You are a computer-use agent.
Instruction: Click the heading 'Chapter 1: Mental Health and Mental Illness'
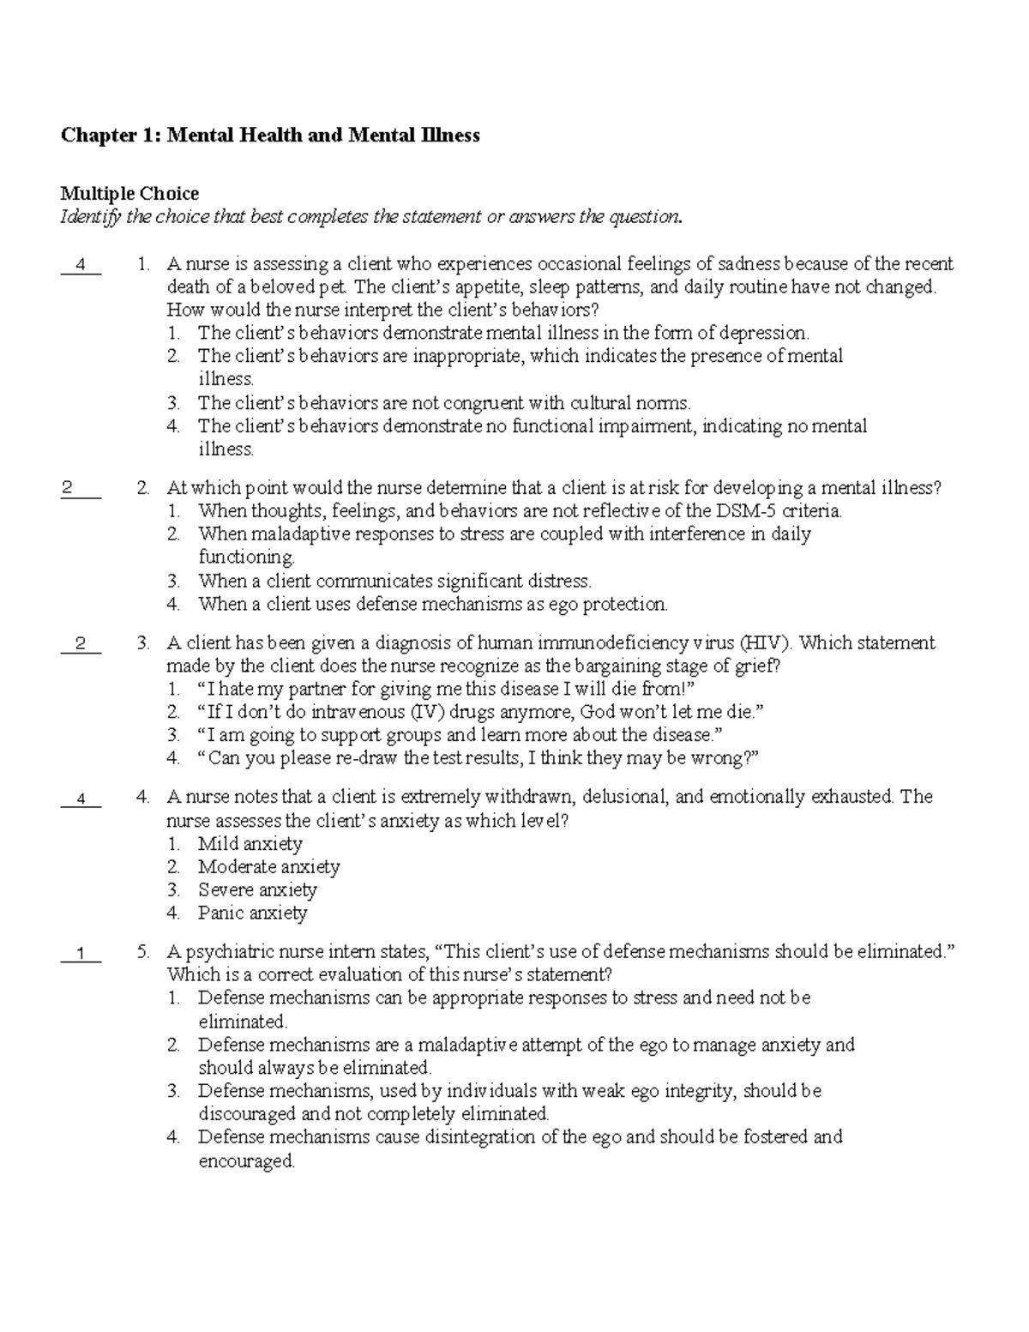click(x=269, y=136)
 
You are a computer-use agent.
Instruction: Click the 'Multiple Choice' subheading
click(x=129, y=194)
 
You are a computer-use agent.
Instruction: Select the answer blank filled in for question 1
click(x=81, y=265)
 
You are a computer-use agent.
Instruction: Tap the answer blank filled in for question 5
click(x=81, y=953)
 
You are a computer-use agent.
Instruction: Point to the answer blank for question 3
click(x=81, y=644)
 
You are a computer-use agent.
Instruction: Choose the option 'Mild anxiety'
click(x=250, y=844)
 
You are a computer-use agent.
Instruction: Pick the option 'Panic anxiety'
click(x=252, y=913)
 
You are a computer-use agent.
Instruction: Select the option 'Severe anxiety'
click(x=257, y=890)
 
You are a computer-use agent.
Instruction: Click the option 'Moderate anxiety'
click(x=268, y=867)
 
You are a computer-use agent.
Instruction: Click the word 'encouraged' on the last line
click(x=246, y=1162)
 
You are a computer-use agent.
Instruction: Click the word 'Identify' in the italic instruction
click(x=90, y=217)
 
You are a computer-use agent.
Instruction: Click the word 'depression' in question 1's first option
click(x=763, y=333)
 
